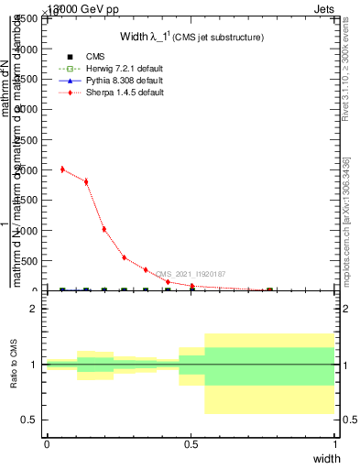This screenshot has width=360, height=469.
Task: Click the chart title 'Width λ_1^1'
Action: [191, 37]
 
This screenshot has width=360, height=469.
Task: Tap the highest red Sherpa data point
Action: [62, 169]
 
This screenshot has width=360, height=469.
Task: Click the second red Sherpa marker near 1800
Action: [86, 181]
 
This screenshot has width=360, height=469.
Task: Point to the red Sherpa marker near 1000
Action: [104, 229]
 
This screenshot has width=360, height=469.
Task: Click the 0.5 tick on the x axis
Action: [191, 444]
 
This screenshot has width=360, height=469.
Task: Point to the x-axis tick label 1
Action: [334, 444]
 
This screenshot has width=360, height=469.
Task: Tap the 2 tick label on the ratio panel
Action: [34, 310]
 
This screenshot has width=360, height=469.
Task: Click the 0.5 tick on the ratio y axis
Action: [30, 420]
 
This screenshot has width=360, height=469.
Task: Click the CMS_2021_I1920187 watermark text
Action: [191, 274]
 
